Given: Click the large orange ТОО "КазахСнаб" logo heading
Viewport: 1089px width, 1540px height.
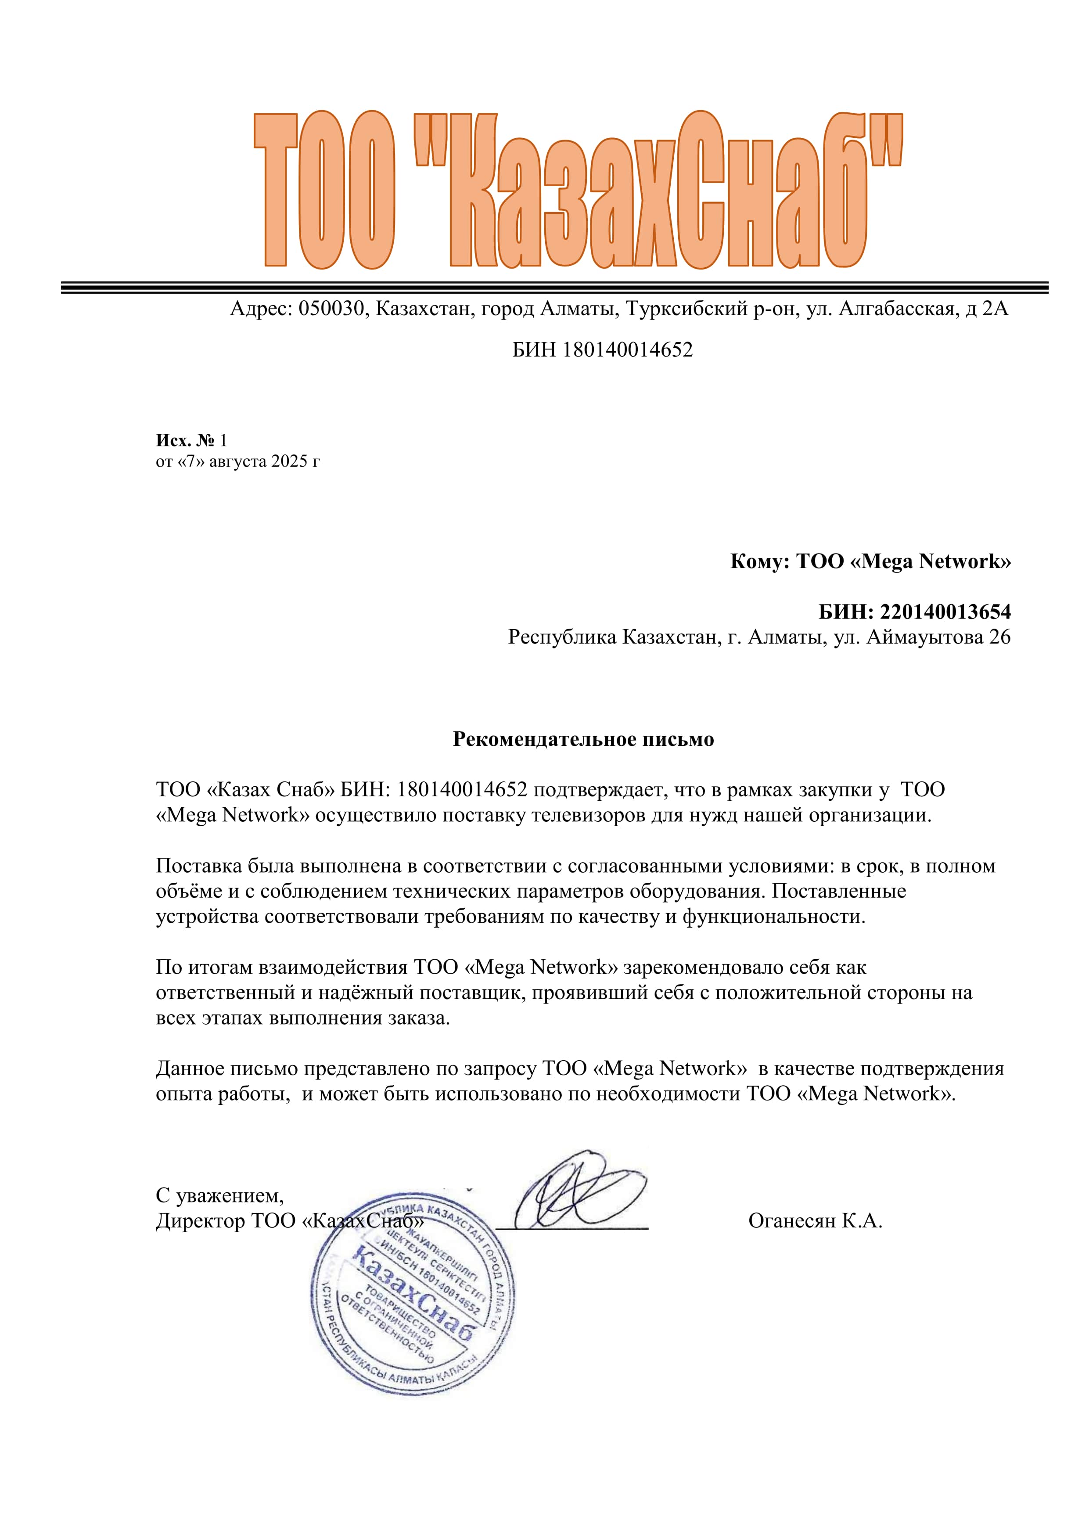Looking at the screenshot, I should coord(578,191).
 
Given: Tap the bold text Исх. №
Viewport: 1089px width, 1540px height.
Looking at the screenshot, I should coord(186,441).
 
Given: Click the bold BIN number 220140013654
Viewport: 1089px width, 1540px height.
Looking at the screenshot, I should coord(945,612).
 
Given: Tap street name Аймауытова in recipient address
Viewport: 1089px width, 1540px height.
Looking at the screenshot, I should coord(925,637).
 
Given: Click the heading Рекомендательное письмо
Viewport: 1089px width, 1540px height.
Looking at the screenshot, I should coord(583,739).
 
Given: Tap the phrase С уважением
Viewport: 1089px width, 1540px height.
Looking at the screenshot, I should coord(220,1195).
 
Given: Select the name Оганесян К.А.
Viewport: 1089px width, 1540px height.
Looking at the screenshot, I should coord(815,1221).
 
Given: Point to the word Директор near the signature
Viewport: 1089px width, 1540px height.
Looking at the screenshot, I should coord(201,1221).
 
